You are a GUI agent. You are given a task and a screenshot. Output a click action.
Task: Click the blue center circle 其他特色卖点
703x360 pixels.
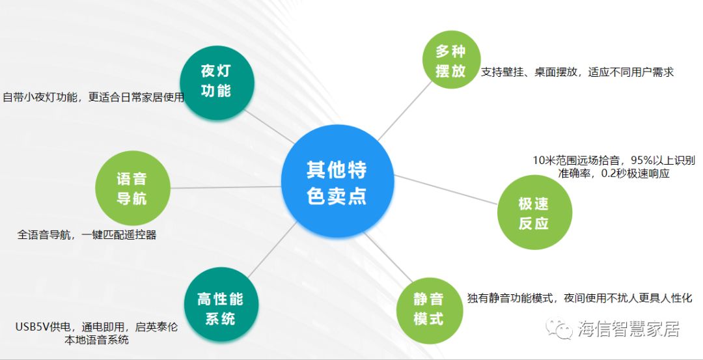[x=337, y=181]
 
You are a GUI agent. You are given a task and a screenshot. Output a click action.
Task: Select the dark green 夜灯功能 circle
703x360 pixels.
[x=217, y=83]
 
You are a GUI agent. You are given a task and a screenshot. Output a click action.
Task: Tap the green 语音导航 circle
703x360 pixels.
[x=133, y=188]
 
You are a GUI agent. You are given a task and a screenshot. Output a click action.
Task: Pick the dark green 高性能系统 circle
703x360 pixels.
[x=221, y=305]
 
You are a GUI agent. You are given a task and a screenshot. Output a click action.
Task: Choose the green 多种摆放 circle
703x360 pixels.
[x=452, y=60]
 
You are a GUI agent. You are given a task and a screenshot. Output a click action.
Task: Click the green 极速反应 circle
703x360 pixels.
[x=534, y=212]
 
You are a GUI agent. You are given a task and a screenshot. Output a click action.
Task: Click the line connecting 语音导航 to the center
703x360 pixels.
[x=225, y=187]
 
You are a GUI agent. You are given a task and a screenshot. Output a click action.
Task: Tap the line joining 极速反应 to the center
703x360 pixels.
[x=446, y=189]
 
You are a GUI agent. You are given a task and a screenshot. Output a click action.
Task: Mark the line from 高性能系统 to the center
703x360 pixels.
[x=272, y=249]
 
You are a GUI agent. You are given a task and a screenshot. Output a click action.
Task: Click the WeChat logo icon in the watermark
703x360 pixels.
[x=559, y=329]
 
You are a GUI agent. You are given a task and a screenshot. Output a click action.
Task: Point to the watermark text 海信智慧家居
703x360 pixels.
[x=629, y=329]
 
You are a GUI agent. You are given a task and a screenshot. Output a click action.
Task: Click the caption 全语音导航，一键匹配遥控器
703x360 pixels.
[x=87, y=234]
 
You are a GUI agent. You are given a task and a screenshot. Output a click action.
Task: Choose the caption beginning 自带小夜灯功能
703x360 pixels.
[x=93, y=97]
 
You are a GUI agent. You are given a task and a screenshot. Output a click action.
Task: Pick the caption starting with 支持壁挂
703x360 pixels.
[x=577, y=72]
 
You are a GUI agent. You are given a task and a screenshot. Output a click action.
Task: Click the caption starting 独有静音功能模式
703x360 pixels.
[x=580, y=298]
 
